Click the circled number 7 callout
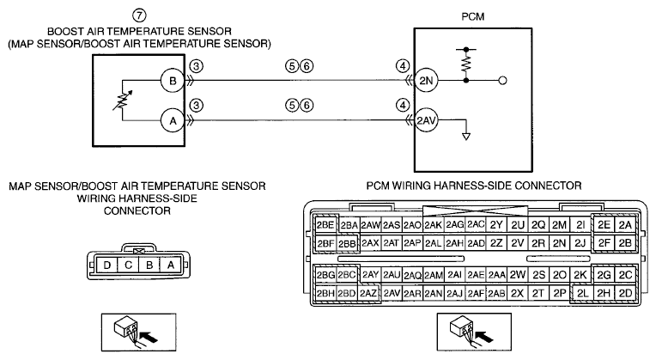(x=139, y=16)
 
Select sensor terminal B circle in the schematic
(x=173, y=81)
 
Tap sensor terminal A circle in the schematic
(x=173, y=121)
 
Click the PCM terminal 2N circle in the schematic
(x=426, y=81)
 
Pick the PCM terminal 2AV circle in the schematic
(x=426, y=120)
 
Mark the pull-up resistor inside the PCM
(x=466, y=64)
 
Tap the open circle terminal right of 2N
(x=503, y=81)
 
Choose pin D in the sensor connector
(x=107, y=265)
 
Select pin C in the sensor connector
(x=128, y=265)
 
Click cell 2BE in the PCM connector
(x=325, y=225)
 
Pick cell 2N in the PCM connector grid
(x=559, y=243)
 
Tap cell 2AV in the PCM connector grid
(x=392, y=294)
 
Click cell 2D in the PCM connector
(x=625, y=294)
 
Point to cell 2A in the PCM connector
(x=625, y=225)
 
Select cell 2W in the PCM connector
(x=517, y=275)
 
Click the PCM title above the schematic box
(x=473, y=16)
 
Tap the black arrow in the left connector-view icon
(x=149, y=336)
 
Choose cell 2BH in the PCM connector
(x=325, y=294)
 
